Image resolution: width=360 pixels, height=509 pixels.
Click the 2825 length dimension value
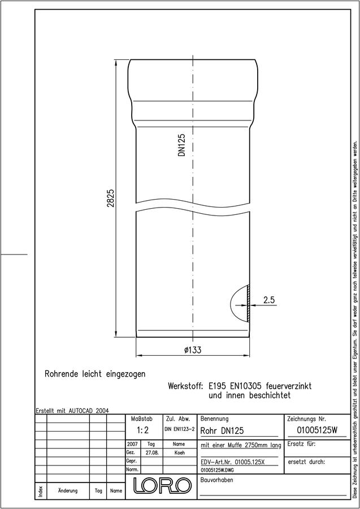click(111, 199)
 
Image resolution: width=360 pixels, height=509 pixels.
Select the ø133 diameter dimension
click(193, 350)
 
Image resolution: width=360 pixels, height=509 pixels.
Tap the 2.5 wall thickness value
click(269, 300)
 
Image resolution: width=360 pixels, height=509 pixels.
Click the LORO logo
click(162, 486)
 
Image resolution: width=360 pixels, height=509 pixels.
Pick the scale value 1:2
click(143, 430)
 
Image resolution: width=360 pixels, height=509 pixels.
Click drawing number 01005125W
click(317, 430)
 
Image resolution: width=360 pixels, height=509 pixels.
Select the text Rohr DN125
click(222, 431)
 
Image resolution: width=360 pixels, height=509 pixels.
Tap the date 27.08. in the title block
click(151, 453)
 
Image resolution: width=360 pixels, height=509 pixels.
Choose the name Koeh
click(180, 453)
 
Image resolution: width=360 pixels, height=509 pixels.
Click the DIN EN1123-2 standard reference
click(179, 429)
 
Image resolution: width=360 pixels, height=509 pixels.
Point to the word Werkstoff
click(185, 386)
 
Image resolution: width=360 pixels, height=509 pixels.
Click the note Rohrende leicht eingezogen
click(95, 374)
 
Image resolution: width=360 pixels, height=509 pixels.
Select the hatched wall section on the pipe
click(248, 304)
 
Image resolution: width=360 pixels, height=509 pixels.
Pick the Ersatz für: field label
click(301, 444)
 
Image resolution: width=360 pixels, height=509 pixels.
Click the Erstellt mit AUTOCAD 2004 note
click(72, 411)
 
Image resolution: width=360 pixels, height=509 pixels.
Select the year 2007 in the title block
click(132, 444)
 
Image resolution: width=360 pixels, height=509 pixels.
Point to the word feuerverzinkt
click(289, 386)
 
